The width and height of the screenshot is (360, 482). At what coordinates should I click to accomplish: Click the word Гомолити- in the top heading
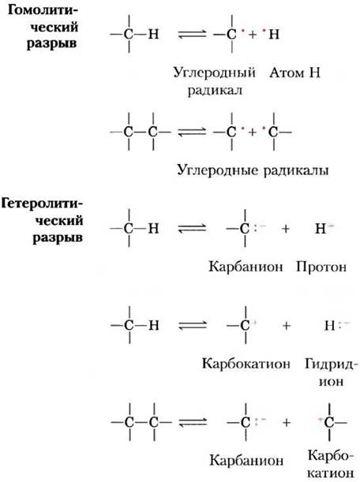pos(43,10)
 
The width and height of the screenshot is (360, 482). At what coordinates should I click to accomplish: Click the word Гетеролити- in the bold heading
pos(43,204)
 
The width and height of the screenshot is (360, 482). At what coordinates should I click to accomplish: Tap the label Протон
pos(321,267)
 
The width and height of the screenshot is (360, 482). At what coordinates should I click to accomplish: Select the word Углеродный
pos(215,73)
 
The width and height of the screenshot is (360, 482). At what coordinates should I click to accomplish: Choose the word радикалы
pos(296,170)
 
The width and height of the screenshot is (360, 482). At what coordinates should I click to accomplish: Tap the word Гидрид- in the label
pos(332,364)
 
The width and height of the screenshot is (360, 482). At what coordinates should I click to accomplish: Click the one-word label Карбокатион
pos(246,364)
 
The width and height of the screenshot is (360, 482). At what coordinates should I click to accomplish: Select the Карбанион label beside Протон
pos(246,267)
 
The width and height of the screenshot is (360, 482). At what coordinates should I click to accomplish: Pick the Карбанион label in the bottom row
pos(246,461)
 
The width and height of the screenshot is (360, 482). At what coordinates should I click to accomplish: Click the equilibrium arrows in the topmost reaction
pos(192,34)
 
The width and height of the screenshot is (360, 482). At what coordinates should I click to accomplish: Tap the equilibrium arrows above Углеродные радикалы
pos(192,133)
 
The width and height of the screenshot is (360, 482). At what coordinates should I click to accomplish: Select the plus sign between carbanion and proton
pos(286,229)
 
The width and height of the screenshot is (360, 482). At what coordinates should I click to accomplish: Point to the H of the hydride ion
pos(329,326)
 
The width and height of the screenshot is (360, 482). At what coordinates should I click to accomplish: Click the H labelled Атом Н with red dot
pos(274,34)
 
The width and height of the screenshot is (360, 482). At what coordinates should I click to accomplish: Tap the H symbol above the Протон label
pos(321,229)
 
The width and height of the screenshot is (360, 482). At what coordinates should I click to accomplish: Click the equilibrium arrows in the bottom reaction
pos(193,423)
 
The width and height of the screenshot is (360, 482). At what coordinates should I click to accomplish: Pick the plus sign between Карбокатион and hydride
pos(287,326)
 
